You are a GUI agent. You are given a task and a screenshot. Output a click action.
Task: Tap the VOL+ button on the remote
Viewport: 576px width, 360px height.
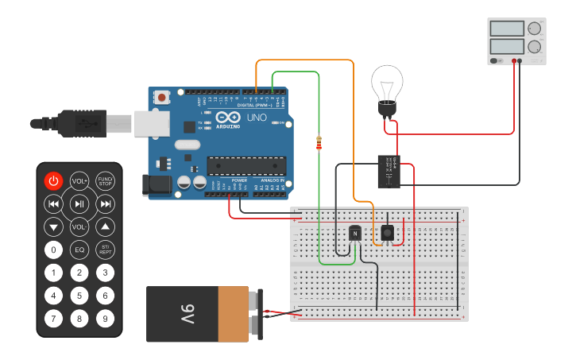tap(79, 180)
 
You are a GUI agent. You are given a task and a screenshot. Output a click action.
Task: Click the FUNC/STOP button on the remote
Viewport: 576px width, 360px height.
tap(105, 180)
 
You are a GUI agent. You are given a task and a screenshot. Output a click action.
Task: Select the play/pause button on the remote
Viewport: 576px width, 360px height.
tap(79, 204)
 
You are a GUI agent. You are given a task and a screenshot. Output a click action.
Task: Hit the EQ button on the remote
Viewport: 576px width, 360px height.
tap(79, 250)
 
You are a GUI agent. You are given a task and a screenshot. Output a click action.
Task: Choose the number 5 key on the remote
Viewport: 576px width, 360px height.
tap(79, 296)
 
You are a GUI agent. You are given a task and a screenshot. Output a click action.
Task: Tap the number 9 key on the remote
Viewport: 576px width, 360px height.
tap(105, 319)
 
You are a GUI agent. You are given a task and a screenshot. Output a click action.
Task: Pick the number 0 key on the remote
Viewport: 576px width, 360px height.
tap(53, 250)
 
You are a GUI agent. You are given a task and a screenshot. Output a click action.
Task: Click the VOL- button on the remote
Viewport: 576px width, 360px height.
tap(79, 227)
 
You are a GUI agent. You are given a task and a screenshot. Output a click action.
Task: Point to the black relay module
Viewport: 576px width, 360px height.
tap(389, 171)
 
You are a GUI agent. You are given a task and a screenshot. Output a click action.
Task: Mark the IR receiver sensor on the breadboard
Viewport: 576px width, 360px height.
tap(387, 232)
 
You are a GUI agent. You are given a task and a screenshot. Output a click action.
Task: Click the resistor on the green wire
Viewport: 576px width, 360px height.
tap(319, 143)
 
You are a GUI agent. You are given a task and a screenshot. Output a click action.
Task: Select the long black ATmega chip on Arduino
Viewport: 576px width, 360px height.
tap(246, 165)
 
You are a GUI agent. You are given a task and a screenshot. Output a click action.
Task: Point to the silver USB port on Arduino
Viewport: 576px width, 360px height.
tap(151, 122)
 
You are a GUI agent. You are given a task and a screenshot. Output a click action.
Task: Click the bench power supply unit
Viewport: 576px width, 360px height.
tap(516, 41)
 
